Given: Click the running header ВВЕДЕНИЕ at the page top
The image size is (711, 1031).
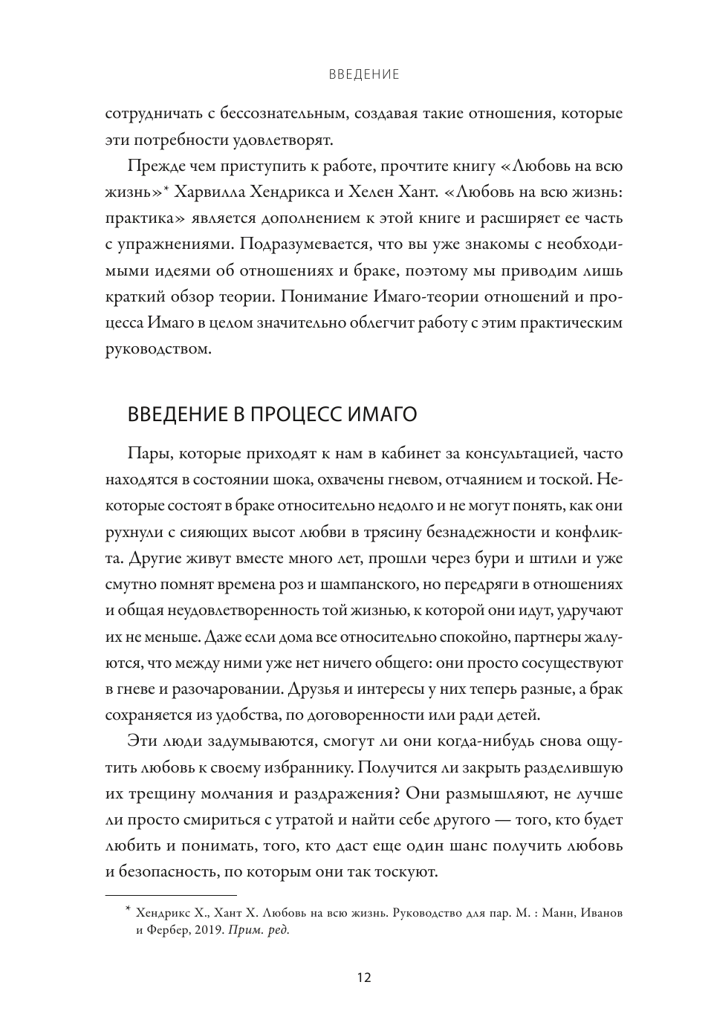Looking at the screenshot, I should click(x=363, y=74).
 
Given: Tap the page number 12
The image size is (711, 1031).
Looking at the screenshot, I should click(x=363, y=977).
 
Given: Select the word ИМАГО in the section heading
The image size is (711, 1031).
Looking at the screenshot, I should click(x=382, y=414).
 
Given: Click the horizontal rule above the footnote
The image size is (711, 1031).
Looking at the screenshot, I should click(x=171, y=895).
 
